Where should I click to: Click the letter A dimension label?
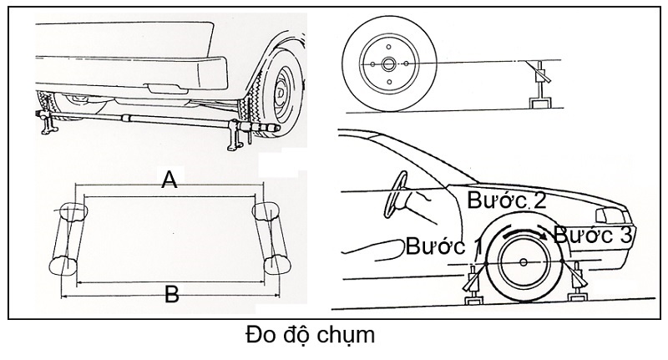pyautogui.click(x=170, y=180)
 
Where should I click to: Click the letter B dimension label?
pyautogui.click(x=172, y=294)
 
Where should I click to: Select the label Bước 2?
pyautogui.click(x=507, y=200)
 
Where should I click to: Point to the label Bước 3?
pyautogui.click(x=593, y=235)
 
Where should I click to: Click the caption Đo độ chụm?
pyautogui.click(x=310, y=335)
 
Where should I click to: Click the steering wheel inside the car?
pyautogui.click(x=394, y=195)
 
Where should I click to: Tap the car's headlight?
pyautogui.click(x=614, y=215)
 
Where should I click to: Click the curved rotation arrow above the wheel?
pyautogui.click(x=525, y=230)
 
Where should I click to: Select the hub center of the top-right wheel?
pyautogui.click(x=388, y=64)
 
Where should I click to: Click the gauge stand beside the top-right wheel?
pyautogui.click(x=539, y=85)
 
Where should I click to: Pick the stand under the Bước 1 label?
pyautogui.click(x=474, y=285)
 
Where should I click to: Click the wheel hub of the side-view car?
pyautogui.click(x=524, y=262)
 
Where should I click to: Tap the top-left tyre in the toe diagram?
pyautogui.click(x=73, y=211)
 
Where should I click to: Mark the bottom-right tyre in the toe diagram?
pyautogui.click(x=277, y=265)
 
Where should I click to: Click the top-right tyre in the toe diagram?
pyautogui.click(x=266, y=211)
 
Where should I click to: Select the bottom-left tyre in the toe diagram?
pyautogui.click(x=63, y=266)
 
